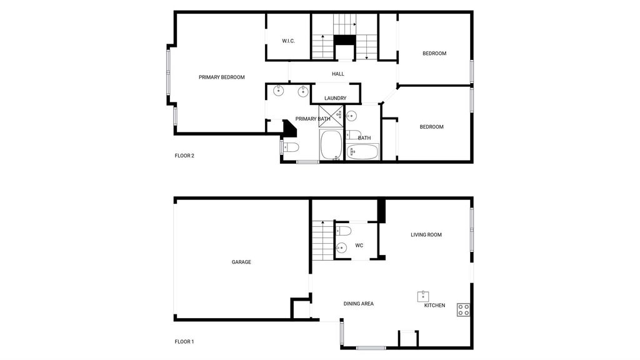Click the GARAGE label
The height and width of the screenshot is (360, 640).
[241, 262]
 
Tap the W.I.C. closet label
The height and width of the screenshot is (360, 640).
[288, 41]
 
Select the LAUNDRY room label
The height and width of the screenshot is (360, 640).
[336, 98]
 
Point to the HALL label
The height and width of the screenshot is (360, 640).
[338, 74]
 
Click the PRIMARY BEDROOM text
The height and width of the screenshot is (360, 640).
[222, 77]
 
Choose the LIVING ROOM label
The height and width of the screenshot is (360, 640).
[426, 235]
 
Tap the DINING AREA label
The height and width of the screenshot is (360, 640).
[358, 304]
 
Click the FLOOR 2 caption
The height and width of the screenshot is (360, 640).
[184, 156]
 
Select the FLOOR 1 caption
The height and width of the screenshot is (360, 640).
[184, 342]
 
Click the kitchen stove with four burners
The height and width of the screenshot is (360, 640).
[463, 310]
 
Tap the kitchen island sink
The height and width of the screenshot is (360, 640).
[423, 296]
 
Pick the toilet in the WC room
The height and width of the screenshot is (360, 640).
[343, 231]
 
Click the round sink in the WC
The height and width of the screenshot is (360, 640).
[341, 247]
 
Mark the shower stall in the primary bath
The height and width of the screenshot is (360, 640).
[331, 116]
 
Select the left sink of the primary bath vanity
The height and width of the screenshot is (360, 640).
[278, 91]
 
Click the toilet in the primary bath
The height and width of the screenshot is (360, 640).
[290, 147]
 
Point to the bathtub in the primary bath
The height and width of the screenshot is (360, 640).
[331, 145]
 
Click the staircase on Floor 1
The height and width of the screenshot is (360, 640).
[323, 241]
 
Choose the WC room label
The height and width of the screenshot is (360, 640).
[359, 246]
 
